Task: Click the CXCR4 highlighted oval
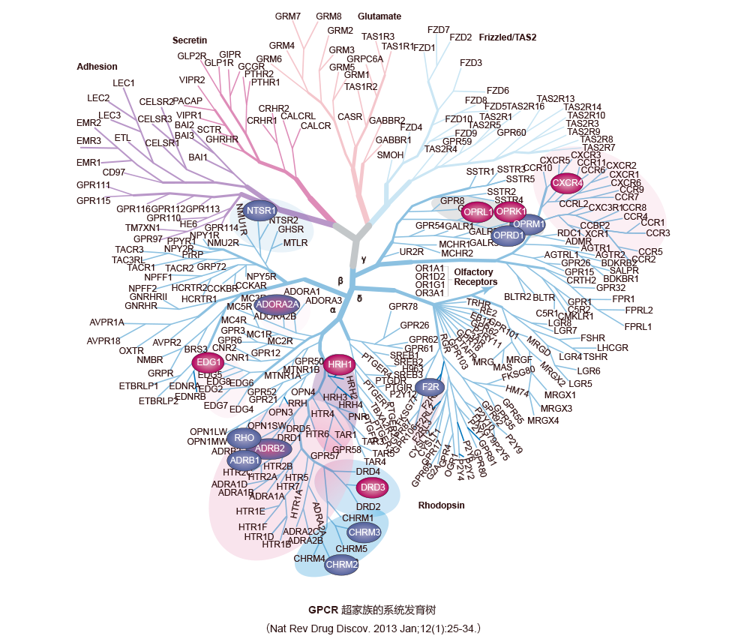568,182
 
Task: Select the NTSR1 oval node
262,211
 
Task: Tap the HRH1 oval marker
340,364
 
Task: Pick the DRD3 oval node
373,487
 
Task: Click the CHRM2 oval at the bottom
342,564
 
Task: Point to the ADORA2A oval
276,304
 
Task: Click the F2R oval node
430,387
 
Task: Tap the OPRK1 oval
511,211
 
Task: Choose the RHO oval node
244,437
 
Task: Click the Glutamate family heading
379,16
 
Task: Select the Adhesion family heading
97,67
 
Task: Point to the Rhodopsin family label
441,505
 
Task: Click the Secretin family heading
190,40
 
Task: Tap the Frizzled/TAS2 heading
508,37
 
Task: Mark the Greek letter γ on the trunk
364,259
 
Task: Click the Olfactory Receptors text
475,276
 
